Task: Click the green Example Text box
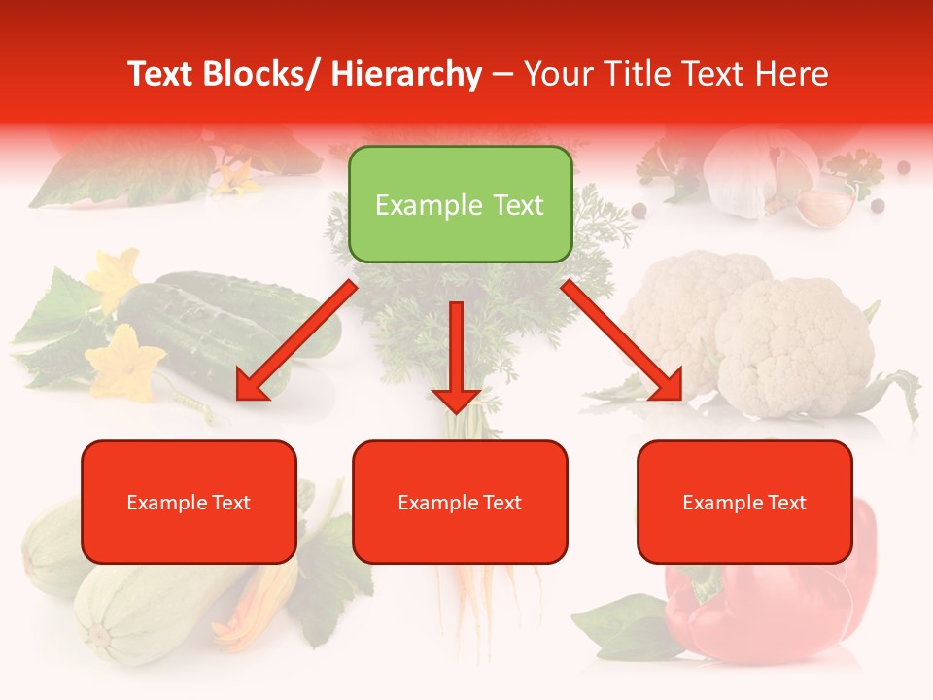pos(460,204)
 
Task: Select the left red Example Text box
pos(189,502)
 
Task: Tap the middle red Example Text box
pos(460,502)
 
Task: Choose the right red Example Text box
pos(744,502)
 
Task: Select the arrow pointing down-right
pos(623,340)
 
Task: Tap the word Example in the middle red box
pos(434,503)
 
